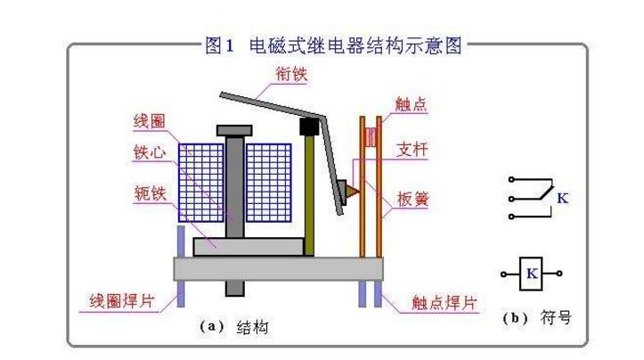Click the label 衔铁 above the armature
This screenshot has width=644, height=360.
(x=291, y=74)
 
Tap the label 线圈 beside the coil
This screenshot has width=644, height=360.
(x=150, y=121)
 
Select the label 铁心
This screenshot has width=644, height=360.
(x=150, y=152)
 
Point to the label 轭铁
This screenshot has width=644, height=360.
(x=151, y=193)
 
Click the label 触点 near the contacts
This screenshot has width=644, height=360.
(x=411, y=104)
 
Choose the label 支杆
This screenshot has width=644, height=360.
(x=412, y=149)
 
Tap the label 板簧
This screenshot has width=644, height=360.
(x=412, y=199)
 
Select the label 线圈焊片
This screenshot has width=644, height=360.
(x=121, y=301)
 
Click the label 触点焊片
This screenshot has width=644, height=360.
(x=444, y=303)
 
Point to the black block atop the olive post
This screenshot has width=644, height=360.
(x=309, y=127)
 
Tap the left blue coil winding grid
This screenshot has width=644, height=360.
(x=201, y=183)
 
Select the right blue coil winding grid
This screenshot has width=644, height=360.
(x=269, y=183)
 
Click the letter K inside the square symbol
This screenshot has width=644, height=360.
(x=532, y=274)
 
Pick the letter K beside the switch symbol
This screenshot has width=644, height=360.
(x=562, y=199)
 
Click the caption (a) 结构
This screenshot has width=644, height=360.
(x=234, y=327)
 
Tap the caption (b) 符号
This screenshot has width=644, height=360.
(x=537, y=317)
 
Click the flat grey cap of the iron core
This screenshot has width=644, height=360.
(x=234, y=131)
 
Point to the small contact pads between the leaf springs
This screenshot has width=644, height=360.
(x=371, y=137)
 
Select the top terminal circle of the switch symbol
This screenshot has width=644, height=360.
(x=511, y=180)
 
